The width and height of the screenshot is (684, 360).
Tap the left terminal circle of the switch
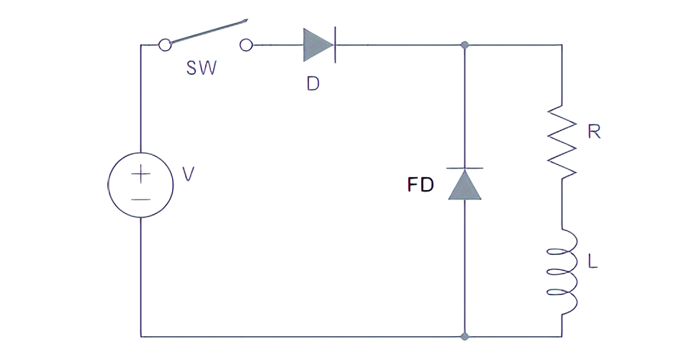pyautogui.click(x=165, y=45)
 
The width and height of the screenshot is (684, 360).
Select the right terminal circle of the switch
pyautogui.click(x=246, y=45)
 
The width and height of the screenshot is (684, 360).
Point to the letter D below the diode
pyautogui.click(x=312, y=84)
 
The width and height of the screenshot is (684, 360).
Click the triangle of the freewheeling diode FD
pyautogui.click(x=465, y=184)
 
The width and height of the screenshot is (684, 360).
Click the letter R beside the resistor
pyautogui.click(x=595, y=132)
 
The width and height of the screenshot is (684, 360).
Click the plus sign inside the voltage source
pyautogui.click(x=141, y=174)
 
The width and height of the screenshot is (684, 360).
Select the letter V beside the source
pyautogui.click(x=188, y=174)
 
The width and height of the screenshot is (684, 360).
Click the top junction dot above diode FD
pyautogui.click(x=465, y=45)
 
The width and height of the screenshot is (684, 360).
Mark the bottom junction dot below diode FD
pyautogui.click(x=465, y=336)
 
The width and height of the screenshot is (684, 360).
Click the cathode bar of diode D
pyautogui.click(x=335, y=45)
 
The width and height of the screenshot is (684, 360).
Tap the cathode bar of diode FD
pyautogui.click(x=465, y=168)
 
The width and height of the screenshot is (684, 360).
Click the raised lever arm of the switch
pyautogui.click(x=209, y=32)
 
